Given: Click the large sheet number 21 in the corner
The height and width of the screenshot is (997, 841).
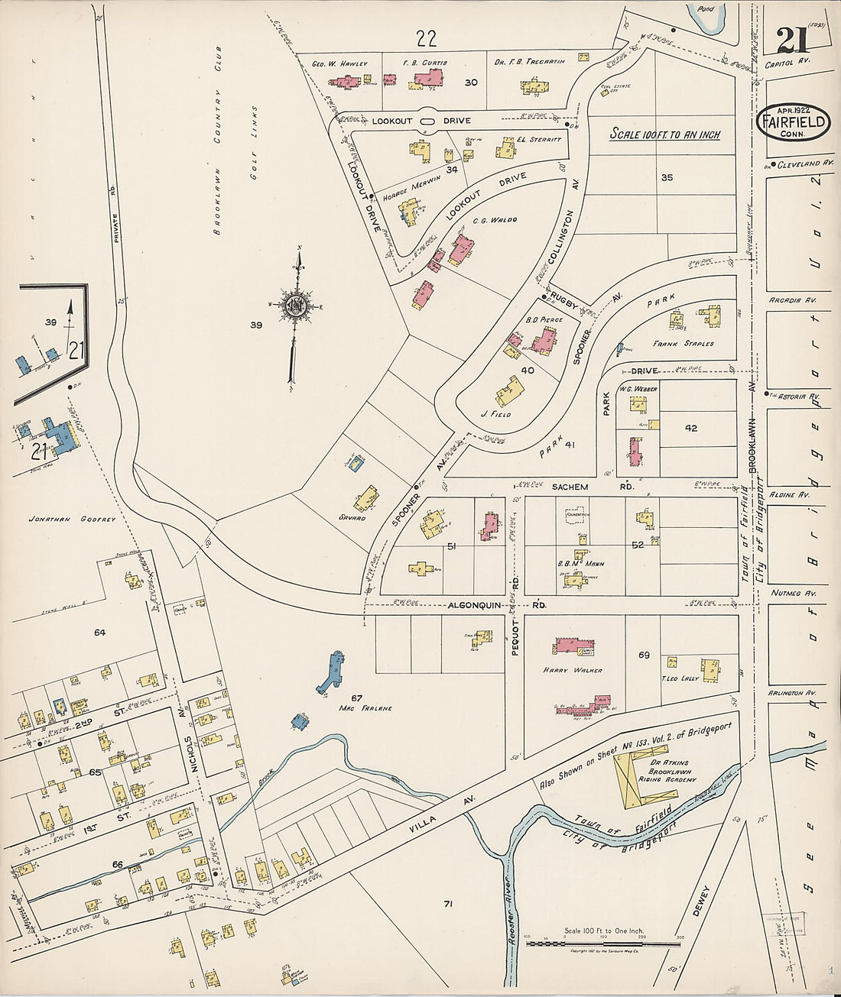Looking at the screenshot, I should click(x=796, y=40).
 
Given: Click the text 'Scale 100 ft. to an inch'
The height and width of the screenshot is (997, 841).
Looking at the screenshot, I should click(x=664, y=134).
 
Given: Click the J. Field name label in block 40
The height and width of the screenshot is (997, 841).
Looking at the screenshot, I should click(x=495, y=414).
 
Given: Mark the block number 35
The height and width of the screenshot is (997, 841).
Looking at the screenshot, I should click(x=667, y=177).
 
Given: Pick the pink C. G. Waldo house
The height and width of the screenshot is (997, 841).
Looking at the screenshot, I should click(x=461, y=250).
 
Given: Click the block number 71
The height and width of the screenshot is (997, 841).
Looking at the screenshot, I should click(x=448, y=905).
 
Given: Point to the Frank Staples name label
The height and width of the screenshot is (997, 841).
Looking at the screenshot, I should click(x=683, y=344).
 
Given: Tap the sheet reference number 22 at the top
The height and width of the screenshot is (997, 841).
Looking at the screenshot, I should click(x=426, y=37).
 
